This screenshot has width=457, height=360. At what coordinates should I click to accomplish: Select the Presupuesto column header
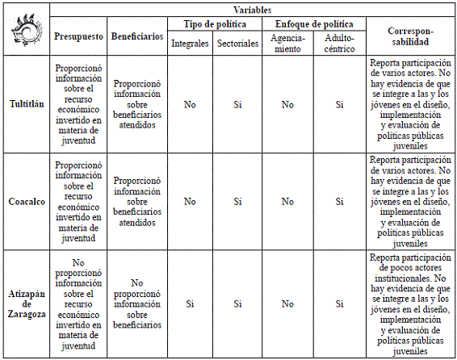coord(78,36)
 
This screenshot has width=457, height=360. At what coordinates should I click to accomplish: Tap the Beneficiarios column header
coord(137,36)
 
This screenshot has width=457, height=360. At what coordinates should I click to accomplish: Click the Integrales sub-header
coord(190,43)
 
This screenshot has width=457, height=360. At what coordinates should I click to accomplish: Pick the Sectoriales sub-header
coord(238,43)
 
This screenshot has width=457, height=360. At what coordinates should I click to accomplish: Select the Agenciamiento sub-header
coord(287,43)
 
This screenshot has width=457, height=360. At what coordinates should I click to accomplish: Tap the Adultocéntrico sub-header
coord(339,43)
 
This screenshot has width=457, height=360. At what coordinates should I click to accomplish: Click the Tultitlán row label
coord(26,104)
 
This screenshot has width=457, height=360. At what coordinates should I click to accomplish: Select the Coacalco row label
coord(26,201)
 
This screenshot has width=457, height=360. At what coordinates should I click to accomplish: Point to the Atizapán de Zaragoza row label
coord(26,303)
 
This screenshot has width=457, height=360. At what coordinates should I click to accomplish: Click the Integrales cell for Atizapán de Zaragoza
coord(190,303)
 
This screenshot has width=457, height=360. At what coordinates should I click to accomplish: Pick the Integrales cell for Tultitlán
coord(190,104)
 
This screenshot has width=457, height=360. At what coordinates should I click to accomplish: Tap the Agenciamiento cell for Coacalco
coord(287,201)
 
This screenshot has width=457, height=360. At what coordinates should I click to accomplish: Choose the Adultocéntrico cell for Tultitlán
coord(339,104)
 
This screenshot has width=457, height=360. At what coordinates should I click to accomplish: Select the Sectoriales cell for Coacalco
coord(238,201)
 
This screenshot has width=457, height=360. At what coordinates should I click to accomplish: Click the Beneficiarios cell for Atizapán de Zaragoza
coord(137,303)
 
